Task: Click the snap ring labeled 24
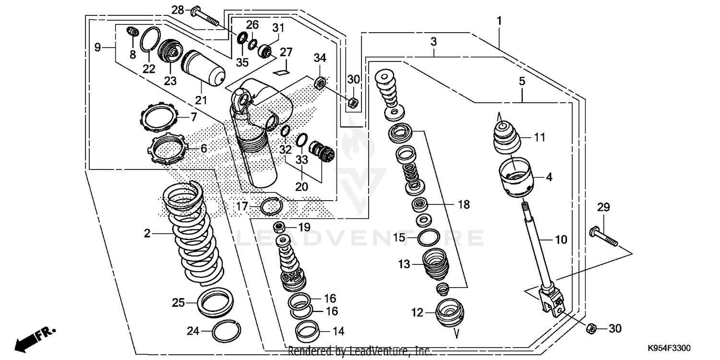coord(226,330)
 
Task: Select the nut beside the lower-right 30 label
coord(591,328)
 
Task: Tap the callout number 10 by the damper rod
coord(561,239)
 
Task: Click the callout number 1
coord(499,21)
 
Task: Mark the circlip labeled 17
coord(271,206)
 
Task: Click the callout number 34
coord(320,58)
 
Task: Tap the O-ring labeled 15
coord(428,237)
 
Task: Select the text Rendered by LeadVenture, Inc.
coord(360,351)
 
